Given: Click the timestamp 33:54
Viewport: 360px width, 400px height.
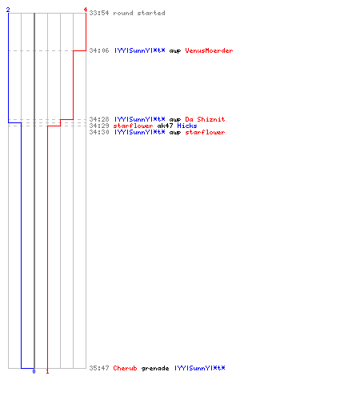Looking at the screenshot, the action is point(99,13).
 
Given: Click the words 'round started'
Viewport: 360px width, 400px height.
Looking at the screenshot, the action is point(139,13).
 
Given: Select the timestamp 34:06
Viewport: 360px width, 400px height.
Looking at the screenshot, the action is point(99,50).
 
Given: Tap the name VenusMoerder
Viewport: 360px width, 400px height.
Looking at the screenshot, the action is point(209,50).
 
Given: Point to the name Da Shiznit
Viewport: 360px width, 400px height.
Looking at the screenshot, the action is point(205,119).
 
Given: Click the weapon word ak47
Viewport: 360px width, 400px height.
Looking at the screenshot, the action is point(165,126).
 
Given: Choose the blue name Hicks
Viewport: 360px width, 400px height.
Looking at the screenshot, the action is point(187,126).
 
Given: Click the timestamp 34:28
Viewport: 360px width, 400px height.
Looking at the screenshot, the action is point(99,119).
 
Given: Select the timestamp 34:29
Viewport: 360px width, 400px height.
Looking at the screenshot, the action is point(99,126).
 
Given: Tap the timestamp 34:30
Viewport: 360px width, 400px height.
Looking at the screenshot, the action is point(99,132).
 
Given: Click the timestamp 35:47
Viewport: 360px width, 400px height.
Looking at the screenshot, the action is point(99,368).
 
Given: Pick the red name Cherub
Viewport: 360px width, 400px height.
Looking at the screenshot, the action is point(125,368).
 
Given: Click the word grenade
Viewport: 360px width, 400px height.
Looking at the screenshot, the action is point(155,369).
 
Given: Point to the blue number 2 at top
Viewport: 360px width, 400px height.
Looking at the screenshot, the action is point(8,10).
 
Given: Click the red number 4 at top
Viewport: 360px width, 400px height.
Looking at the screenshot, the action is point(86,10).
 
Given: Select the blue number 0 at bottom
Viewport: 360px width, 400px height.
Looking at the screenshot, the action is point(34,371).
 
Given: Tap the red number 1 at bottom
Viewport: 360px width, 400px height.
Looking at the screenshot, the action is point(47,371).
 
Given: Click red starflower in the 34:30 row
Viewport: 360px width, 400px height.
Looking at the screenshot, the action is point(205,132).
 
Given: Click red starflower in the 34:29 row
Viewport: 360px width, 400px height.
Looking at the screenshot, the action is point(133,126).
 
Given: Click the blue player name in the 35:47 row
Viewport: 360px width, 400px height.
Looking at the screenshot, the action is point(199,368).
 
